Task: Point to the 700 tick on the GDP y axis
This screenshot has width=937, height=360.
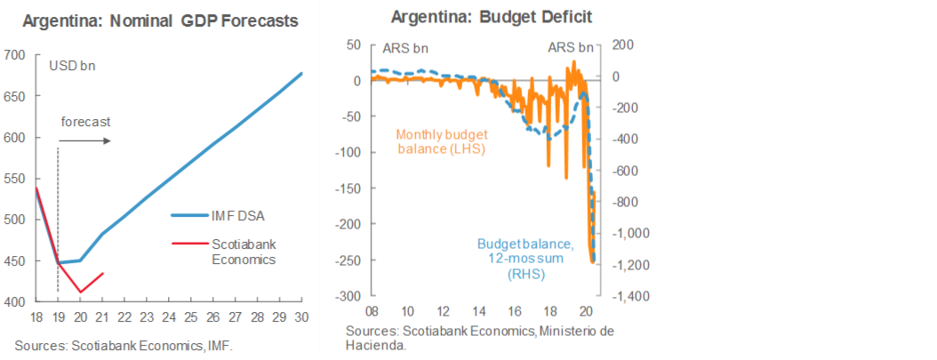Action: [16, 55]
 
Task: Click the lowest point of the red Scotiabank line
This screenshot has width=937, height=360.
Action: [81, 292]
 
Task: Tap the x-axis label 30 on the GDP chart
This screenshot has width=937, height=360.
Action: [302, 317]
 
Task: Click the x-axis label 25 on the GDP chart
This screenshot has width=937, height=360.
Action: [190, 317]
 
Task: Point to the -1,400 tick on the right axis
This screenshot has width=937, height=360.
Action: [626, 296]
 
